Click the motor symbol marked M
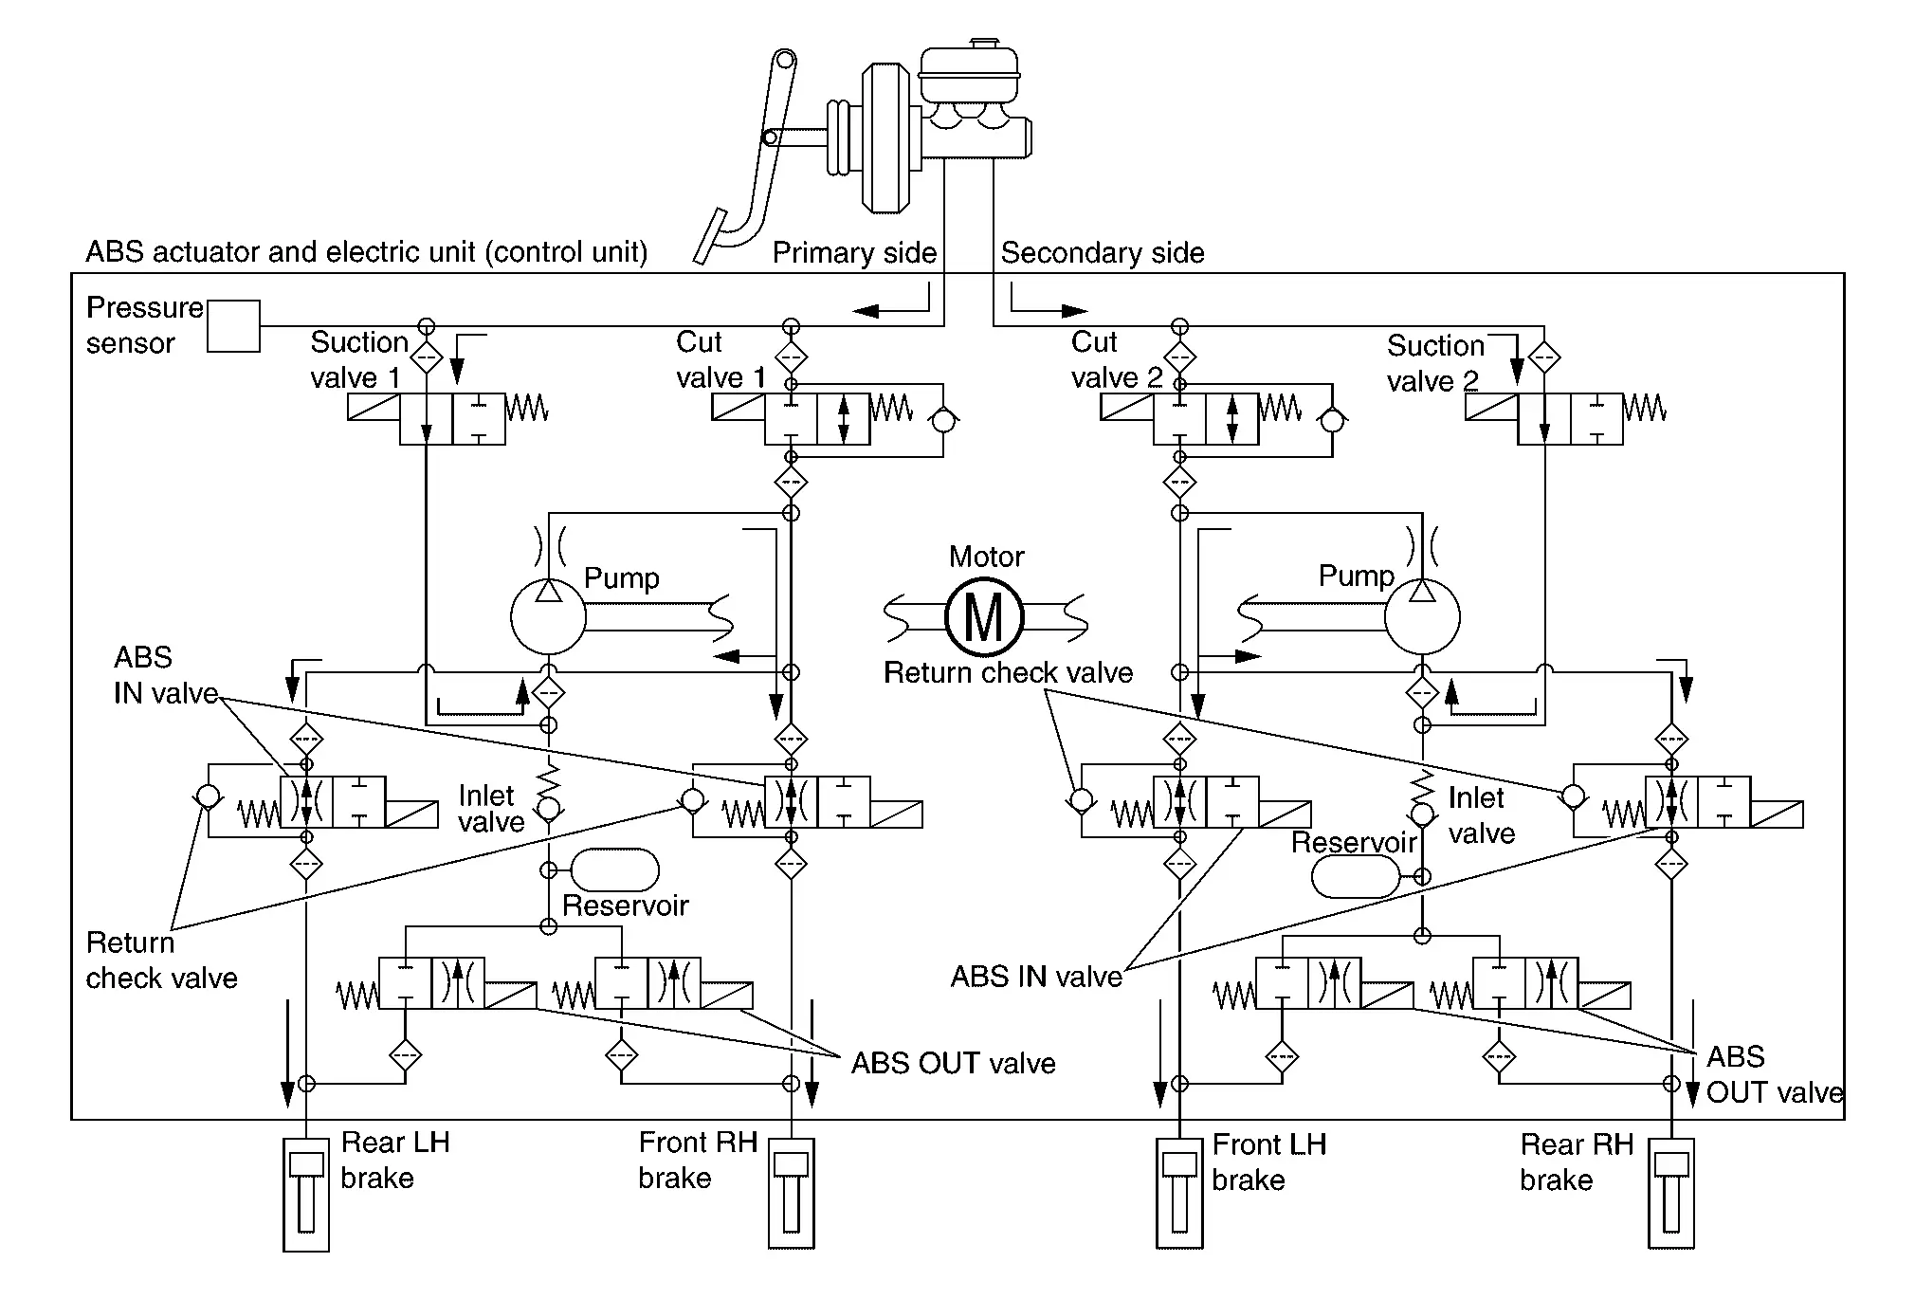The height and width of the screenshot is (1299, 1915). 984,617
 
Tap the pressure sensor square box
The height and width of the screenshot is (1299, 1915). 233,326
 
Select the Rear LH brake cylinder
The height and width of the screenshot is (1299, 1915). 306,1194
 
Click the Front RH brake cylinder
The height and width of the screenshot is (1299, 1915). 791,1194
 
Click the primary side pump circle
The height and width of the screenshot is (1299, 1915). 548,617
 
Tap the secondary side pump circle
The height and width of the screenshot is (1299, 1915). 1422,617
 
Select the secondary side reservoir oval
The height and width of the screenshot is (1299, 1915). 1356,877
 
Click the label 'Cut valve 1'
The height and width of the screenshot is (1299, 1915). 720,359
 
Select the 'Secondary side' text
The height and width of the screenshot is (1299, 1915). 1103,253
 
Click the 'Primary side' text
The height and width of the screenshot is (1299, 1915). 854,253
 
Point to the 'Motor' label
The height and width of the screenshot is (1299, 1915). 986,557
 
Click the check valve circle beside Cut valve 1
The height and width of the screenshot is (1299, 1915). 943,420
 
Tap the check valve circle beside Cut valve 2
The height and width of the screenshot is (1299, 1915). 1332,420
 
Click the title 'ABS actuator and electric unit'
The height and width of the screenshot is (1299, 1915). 366,252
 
